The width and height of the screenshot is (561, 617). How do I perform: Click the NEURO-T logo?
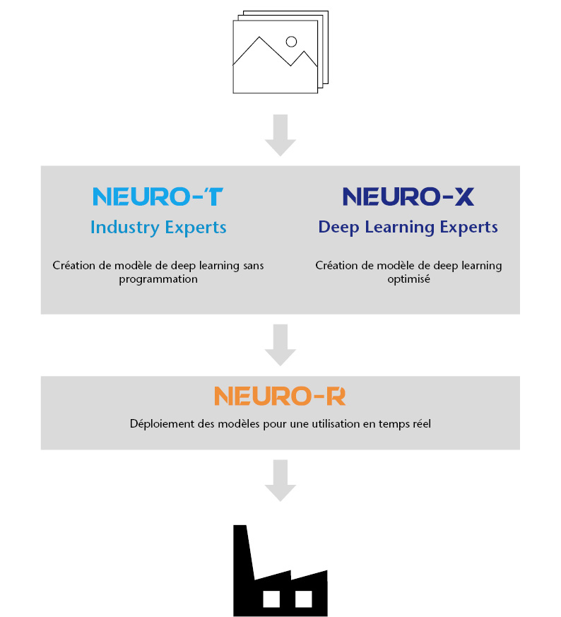coord(158,196)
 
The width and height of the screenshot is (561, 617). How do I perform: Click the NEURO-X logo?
coord(408,196)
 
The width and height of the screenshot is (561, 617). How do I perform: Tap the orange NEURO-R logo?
coord(280,396)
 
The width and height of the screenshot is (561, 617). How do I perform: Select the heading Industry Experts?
coord(158,228)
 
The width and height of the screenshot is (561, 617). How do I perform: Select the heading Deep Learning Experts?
coord(408,228)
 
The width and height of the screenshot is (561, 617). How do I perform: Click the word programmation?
coord(158,279)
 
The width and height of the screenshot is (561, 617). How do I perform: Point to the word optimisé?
coord(409,279)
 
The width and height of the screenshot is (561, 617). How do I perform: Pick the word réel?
coord(422,424)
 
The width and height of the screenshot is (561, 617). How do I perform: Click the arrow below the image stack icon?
coord(280,136)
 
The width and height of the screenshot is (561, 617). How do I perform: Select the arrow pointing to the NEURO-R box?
coord(280,345)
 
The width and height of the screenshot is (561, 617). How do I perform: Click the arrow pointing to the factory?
coord(280,481)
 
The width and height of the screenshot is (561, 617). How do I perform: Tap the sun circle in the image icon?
coord(291,42)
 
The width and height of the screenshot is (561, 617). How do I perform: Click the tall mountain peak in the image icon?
coord(259,37)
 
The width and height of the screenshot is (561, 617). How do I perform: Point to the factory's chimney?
coord(242,551)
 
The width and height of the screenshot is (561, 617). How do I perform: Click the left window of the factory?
coord(271,599)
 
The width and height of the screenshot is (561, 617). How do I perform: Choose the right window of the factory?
coord(304,599)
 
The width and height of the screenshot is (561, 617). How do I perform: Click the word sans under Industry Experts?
coord(254,266)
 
